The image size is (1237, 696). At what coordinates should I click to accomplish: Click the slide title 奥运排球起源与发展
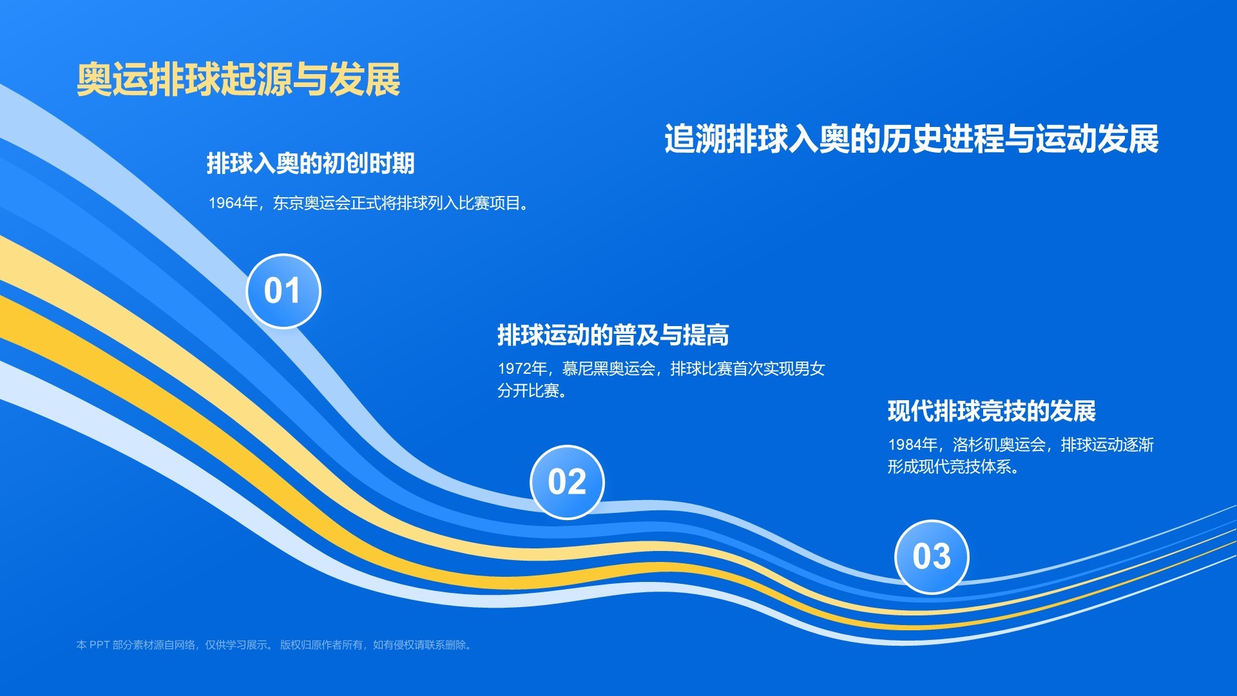(238, 80)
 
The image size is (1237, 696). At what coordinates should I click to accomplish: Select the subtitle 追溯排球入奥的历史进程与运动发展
(912, 139)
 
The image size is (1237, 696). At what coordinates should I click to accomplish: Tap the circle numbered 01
(283, 291)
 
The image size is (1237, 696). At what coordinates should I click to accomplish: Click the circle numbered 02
(567, 482)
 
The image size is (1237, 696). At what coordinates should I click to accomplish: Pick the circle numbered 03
(932, 557)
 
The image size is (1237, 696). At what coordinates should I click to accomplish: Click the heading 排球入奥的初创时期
(311, 163)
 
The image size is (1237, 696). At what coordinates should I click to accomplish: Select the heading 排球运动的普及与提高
(613, 335)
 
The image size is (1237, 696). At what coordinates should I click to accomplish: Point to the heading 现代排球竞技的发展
(992, 411)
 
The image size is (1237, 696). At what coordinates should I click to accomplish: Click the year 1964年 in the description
(233, 203)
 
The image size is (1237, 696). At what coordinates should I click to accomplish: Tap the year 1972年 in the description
(523, 369)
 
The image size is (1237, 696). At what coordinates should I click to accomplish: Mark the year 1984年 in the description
(913, 445)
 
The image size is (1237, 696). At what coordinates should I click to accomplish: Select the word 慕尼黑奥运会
(608, 369)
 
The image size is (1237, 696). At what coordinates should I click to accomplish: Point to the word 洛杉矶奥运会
(999, 445)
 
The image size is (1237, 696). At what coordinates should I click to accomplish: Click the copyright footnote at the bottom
(275, 645)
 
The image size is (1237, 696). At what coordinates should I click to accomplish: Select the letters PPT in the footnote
(99, 645)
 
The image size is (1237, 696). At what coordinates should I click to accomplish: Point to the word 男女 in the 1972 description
(810, 369)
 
